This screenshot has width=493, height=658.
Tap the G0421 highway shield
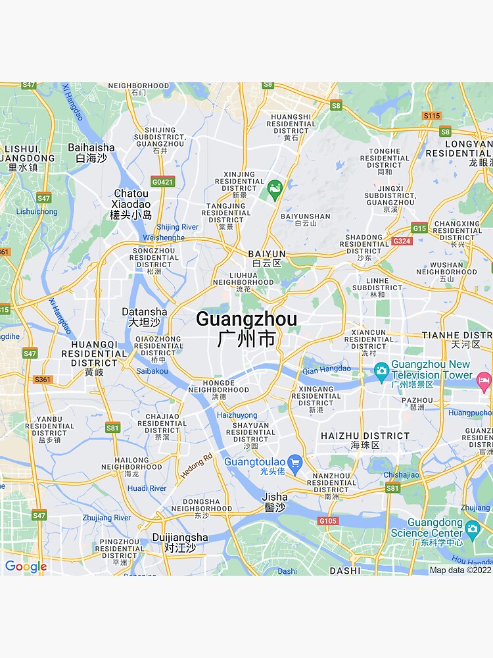162,182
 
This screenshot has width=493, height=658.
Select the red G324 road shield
401,241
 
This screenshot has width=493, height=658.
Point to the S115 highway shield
431,116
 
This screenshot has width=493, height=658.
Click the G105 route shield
327,521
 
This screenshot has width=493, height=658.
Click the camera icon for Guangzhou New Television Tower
381,372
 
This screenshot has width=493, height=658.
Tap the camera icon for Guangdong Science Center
472,528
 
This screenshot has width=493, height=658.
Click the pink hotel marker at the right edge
484,380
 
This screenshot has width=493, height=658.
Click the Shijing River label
177,227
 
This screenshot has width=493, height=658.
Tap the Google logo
26,567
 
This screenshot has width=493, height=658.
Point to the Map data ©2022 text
459,570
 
